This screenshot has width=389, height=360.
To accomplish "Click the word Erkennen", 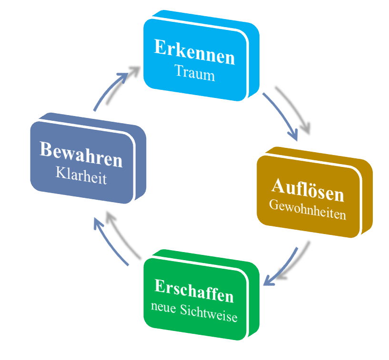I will pos(194,56).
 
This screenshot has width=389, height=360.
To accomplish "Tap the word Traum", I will pos(194,74).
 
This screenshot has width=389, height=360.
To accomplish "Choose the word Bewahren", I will pos(81,160).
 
